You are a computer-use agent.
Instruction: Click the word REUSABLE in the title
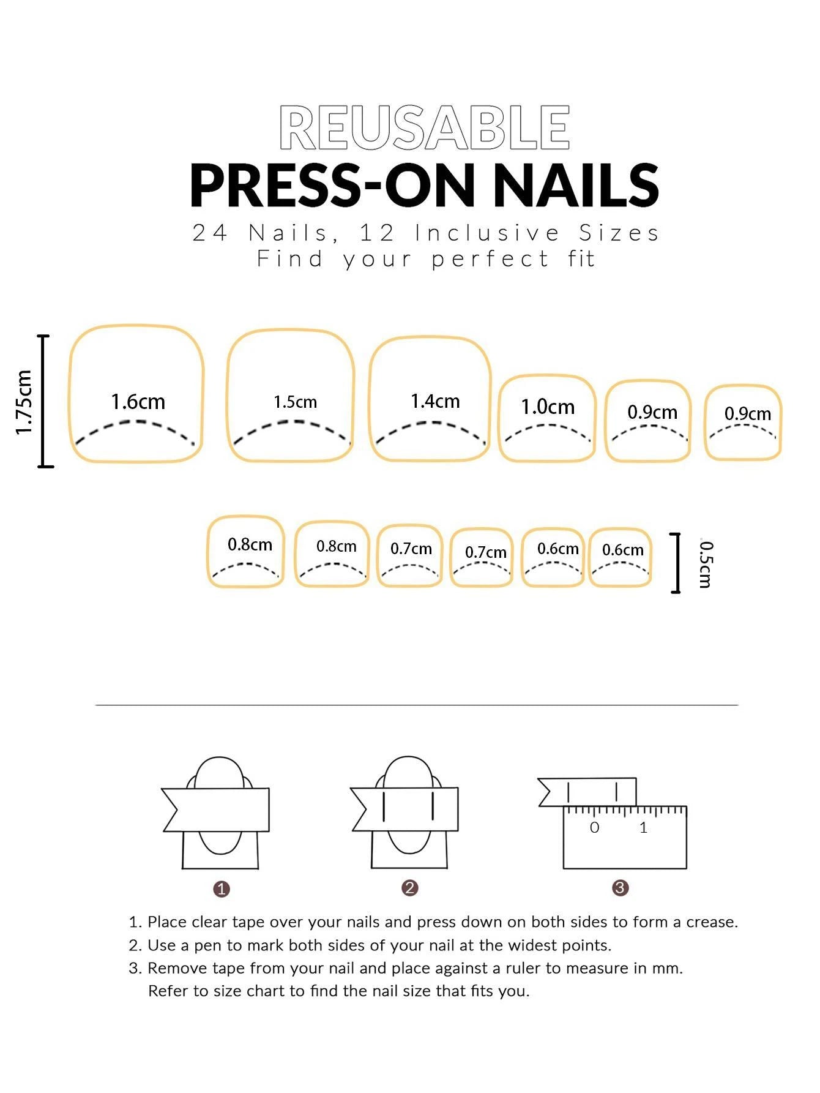(424, 127)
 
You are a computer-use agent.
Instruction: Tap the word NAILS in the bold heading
(576, 185)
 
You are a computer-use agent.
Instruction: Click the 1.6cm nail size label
(138, 402)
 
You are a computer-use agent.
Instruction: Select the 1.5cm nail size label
(295, 402)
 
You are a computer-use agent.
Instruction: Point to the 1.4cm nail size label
(434, 401)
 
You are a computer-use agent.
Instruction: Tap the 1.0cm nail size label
(548, 407)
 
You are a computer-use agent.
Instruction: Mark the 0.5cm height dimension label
(706, 563)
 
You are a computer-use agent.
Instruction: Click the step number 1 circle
(222, 889)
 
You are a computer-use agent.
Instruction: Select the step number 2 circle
(410, 888)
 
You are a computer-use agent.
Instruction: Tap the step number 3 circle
(621, 888)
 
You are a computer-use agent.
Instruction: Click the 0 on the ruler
(594, 828)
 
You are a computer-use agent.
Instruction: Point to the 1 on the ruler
(643, 828)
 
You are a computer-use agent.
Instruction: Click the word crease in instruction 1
(712, 922)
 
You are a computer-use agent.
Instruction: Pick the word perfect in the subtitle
(490, 259)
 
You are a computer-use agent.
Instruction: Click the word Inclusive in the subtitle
(487, 233)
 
